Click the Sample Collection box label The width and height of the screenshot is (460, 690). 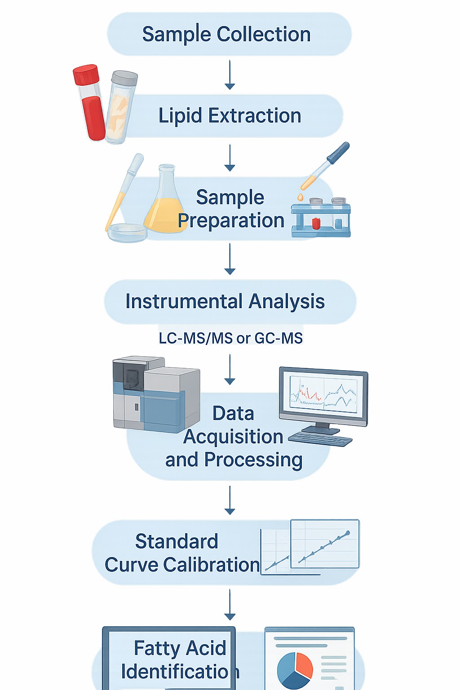[226, 35]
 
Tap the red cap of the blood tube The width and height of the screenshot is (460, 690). [86, 75]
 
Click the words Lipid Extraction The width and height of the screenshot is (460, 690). [230, 116]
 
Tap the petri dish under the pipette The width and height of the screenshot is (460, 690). [128, 232]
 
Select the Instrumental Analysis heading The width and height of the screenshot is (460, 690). [225, 301]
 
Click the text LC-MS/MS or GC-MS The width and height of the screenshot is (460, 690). [230, 338]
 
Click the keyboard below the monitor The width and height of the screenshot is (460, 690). [320, 439]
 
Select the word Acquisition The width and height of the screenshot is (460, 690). [233, 437]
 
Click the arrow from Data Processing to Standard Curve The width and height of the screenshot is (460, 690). [230, 500]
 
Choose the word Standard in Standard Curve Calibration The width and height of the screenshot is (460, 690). [177, 542]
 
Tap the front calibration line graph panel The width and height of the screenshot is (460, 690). [325, 544]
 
